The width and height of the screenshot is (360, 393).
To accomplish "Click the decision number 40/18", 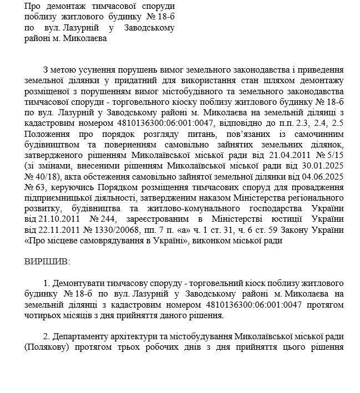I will (43, 176).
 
